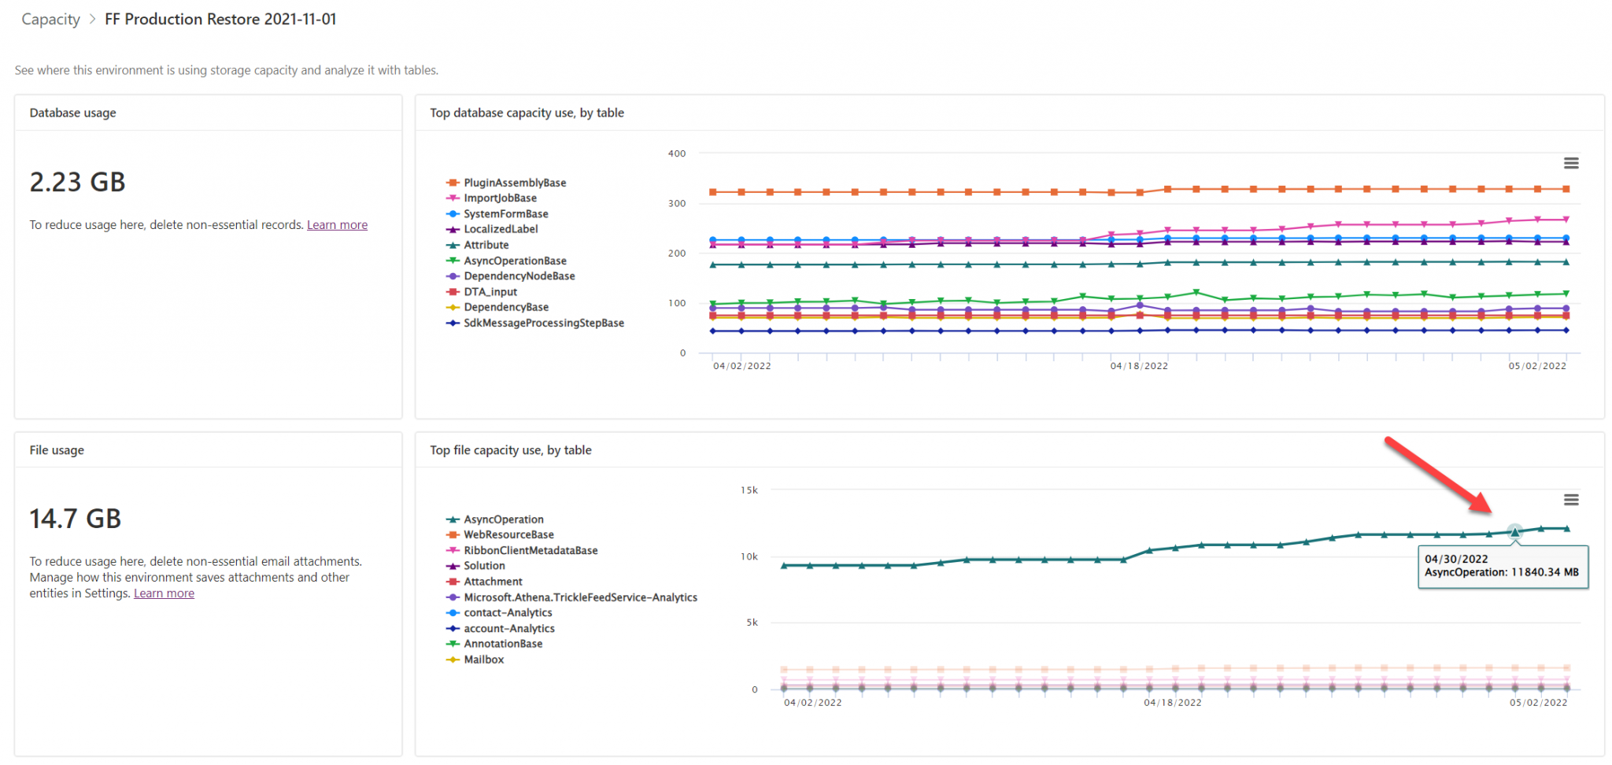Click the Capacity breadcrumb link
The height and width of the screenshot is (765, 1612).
[50, 20]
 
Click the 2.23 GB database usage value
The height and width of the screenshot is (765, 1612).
[77, 183]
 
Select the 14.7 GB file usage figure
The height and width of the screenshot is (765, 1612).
[76, 519]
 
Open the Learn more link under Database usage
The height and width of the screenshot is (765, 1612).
[337, 225]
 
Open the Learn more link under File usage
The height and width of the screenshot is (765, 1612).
[164, 593]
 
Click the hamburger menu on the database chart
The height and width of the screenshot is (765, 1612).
[1570, 163]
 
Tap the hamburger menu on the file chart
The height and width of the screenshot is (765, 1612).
[1570, 500]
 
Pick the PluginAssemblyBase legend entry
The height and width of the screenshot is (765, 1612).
[515, 183]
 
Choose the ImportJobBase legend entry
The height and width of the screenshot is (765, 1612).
[500, 198]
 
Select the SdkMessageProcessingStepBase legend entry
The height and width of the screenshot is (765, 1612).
[543, 323]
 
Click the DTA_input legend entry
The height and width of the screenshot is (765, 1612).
[490, 292]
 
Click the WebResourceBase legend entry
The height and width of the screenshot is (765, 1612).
[508, 535]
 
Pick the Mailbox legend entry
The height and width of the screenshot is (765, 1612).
[483, 660]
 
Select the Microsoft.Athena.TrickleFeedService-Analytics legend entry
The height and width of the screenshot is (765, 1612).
[580, 597]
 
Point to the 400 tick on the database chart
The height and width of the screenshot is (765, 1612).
[676, 153]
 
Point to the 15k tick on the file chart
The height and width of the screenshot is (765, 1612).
[749, 490]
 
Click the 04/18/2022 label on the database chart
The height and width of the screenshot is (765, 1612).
[1138, 366]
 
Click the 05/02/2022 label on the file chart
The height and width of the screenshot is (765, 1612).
[1537, 703]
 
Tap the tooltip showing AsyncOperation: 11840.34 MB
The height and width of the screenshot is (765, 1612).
[1502, 566]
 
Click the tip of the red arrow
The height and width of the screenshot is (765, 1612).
[1489, 511]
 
